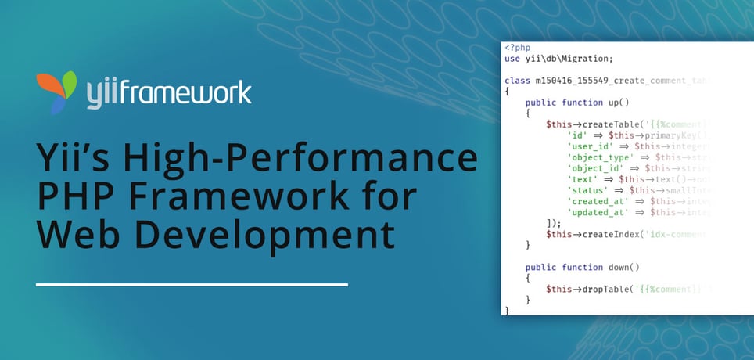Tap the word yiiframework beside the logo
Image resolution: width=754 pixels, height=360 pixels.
pos(169,91)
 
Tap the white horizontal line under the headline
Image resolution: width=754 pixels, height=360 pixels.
pos(192,285)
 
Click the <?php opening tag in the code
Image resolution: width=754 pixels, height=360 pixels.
pos(518,48)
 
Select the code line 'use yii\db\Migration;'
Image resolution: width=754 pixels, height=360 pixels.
pos(559,59)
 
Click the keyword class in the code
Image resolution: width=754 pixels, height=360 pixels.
pos(518,81)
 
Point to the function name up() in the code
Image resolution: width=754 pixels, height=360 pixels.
pos(618,103)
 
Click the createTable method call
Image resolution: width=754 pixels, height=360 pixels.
pos(609,124)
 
